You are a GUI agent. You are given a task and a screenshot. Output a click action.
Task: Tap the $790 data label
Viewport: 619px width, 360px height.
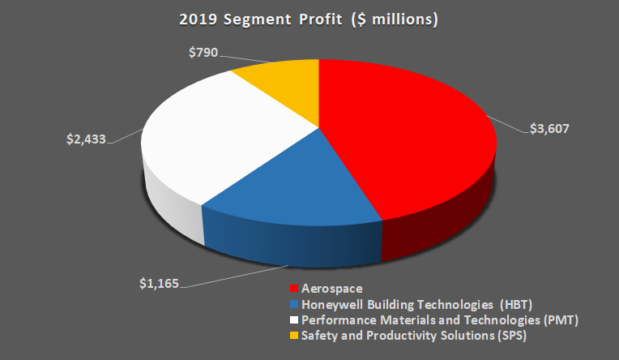click(203, 53)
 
